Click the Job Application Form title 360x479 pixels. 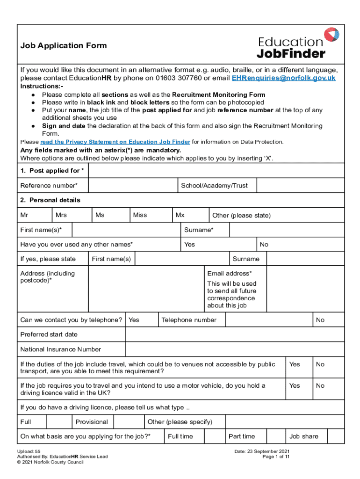pyautogui.click(x=64, y=45)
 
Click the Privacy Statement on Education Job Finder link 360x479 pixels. pyautogui.click(x=115, y=142)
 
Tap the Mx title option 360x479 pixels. pyautogui.click(x=180, y=215)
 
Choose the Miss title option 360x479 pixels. pyautogui.click(x=140, y=215)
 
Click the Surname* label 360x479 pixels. pyautogui.click(x=199, y=230)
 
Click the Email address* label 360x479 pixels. pyautogui.click(x=230, y=273)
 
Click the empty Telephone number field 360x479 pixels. pyautogui.click(x=268, y=320)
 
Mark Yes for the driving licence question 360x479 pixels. pyautogui.click(x=295, y=386)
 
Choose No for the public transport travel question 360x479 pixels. pyautogui.click(x=320, y=364)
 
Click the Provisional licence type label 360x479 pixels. pyautogui.click(x=92, y=422)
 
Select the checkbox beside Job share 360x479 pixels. pyautogui.click(x=335, y=436)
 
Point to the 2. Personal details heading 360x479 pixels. pyautogui.click(x=50, y=200)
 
